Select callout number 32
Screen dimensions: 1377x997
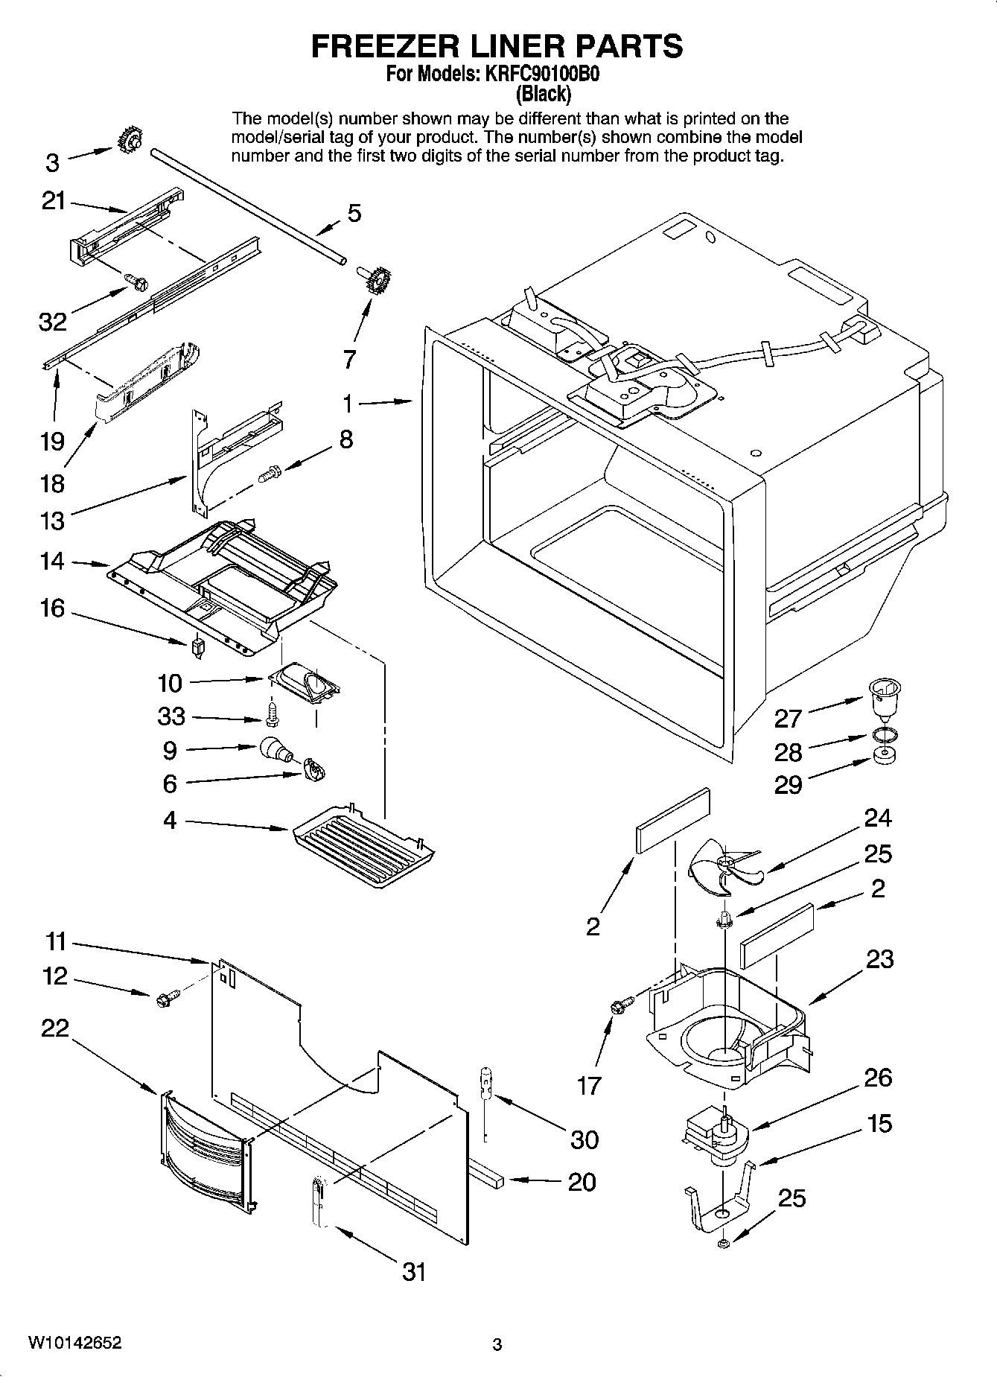point(53,322)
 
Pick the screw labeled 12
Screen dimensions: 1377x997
point(168,997)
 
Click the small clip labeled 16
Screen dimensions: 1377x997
point(198,646)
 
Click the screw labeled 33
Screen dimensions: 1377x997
point(273,713)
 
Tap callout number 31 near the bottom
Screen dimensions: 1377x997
point(414,1271)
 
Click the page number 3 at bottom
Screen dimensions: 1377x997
point(497,1344)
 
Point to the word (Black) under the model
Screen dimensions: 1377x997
point(544,94)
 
